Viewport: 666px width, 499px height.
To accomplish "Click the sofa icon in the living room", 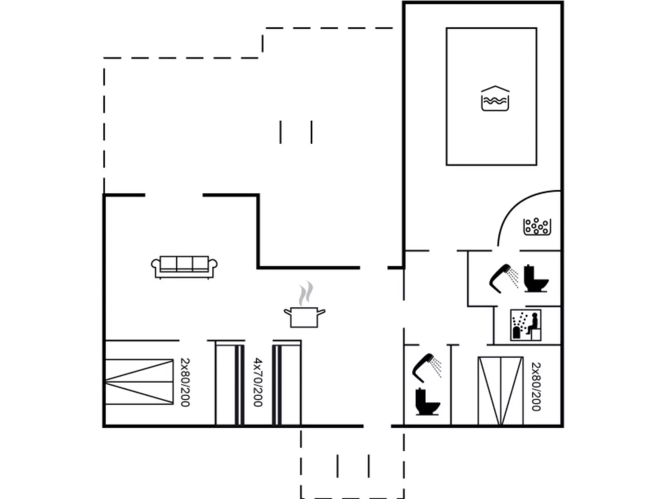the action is [184, 267].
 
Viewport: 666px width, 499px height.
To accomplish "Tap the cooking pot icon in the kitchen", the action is [304, 317].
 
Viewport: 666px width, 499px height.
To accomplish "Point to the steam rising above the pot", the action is [306, 293].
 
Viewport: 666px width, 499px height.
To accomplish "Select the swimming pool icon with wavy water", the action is [495, 99].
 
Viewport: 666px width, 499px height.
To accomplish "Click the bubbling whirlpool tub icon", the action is [537, 227].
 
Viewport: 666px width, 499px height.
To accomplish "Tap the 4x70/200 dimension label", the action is [258, 382].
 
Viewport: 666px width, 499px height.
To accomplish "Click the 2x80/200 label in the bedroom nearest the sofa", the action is [185, 382].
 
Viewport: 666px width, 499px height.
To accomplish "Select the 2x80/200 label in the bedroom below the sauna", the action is [536, 387].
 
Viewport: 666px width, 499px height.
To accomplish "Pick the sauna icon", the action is [526, 325].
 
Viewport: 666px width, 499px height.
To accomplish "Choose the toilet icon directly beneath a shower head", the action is [428, 401].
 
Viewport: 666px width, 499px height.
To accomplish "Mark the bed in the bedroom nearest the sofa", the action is [139, 382].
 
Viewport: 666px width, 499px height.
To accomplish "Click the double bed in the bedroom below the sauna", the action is [501, 391].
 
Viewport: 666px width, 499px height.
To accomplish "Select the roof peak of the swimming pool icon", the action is [495, 87].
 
